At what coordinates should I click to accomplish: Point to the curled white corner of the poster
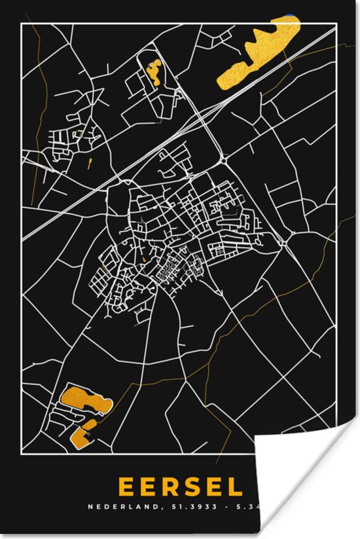(x=308, y=485)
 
